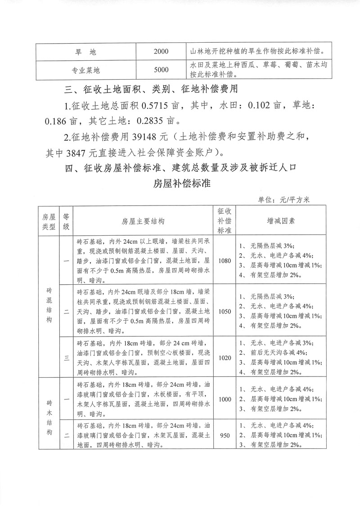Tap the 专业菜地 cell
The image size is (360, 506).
pos(85,69)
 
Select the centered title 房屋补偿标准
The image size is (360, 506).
pos(180,184)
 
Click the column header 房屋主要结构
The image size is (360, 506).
pos(143,221)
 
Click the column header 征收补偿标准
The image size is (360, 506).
pos(224,221)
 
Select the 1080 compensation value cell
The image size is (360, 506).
pos(224,260)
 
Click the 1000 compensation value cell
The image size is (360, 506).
pos(224,399)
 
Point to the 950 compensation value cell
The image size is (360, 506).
pos(224,435)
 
